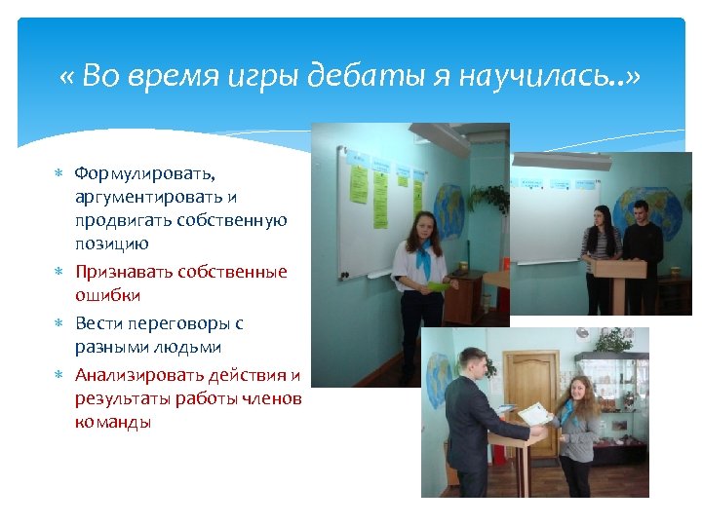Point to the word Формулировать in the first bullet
(145, 173)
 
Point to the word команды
(112, 423)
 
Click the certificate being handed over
(533, 414)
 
